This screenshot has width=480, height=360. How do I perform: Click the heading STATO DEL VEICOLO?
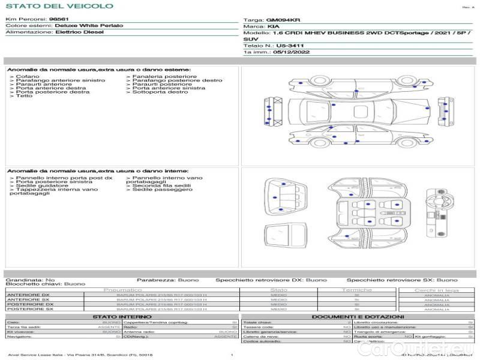(x=59, y=6)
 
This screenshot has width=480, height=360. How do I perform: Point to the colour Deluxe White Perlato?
(x=89, y=26)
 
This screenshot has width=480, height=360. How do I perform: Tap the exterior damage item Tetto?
(x=25, y=96)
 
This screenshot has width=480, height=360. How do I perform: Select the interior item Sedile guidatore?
(x=36, y=185)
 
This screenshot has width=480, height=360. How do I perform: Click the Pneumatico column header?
(x=122, y=290)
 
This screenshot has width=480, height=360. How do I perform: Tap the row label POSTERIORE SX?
(x=29, y=309)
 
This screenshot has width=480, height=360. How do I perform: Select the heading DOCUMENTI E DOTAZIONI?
(x=358, y=316)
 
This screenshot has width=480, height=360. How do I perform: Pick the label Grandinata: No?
(x=30, y=280)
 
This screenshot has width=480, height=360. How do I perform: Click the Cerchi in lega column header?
(x=436, y=290)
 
